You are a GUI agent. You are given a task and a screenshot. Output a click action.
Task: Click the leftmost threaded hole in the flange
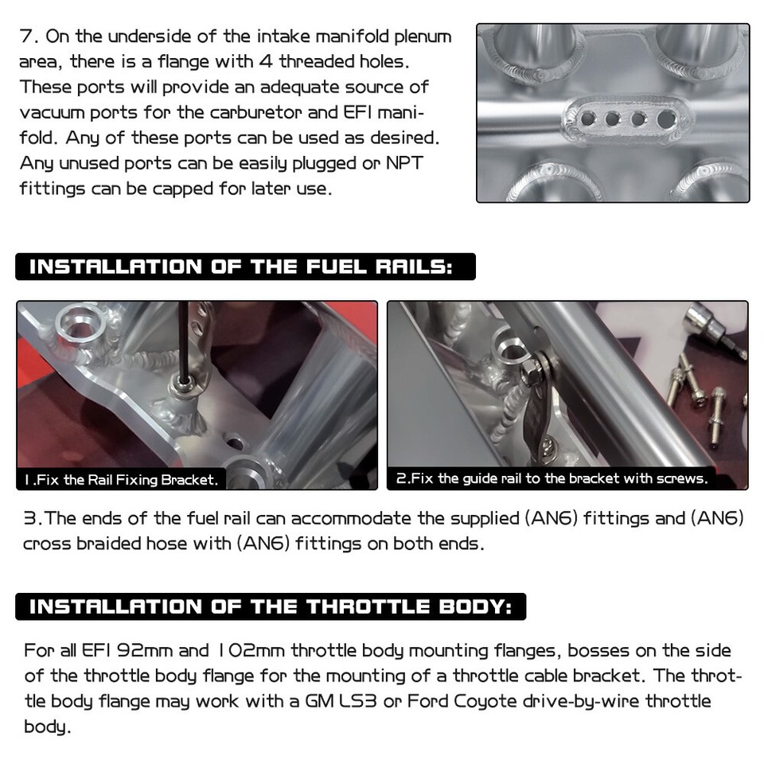[587, 119]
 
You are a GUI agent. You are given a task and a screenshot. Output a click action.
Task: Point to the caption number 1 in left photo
[28, 480]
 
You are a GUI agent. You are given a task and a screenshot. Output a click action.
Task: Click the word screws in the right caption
[681, 479]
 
